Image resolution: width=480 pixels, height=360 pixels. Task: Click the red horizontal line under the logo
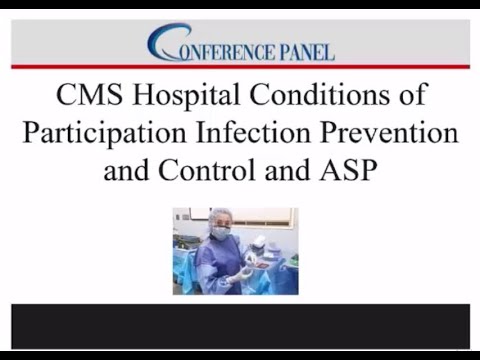coord(240,68)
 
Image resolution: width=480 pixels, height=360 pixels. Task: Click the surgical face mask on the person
coord(221,234)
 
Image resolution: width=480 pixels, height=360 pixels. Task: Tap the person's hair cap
coord(219,215)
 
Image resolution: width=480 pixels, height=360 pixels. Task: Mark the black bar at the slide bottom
coord(240,326)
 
